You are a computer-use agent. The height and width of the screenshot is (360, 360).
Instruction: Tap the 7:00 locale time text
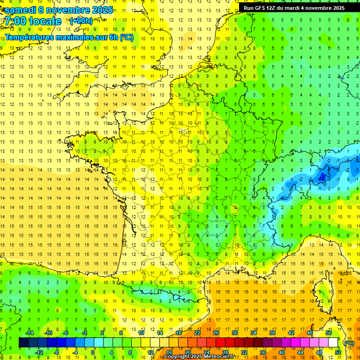pos(33,21)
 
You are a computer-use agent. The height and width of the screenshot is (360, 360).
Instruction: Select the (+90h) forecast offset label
pos(81,21)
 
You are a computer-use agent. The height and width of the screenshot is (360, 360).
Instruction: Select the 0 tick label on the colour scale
pos(93,352)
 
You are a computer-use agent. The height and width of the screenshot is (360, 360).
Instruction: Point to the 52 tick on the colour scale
pos(337,352)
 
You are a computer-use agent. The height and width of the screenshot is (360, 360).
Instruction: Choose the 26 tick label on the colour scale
pos(216,332)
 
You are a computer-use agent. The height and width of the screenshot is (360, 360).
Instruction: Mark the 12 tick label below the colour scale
pos(150,352)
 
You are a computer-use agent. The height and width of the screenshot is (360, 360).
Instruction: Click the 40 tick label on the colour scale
pos(281,352)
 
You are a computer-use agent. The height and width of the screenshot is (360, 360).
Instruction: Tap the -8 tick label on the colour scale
pos(56,352)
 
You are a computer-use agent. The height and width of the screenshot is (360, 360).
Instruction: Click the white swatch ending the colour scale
pos(333,343)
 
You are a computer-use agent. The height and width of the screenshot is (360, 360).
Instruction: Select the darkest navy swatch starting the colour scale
pos(23,343)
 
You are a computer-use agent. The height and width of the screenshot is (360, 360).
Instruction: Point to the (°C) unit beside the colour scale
pos(349,343)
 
